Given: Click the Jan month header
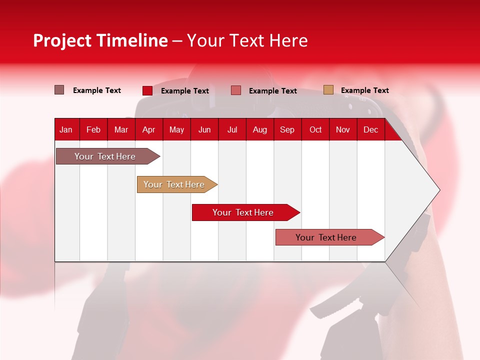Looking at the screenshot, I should tap(66, 129).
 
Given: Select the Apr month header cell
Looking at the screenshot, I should tap(148, 129).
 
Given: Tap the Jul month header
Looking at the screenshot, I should tap(232, 129).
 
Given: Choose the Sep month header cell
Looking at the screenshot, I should tap(287, 129).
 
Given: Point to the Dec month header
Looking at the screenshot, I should tap(370, 129).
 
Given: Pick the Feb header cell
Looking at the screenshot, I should tap(93, 129).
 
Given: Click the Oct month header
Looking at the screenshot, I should tap(315, 129).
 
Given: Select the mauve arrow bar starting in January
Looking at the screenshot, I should tap(105, 156).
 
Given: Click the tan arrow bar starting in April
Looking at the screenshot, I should tap(174, 184).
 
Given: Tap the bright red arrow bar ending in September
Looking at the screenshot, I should tap(243, 212).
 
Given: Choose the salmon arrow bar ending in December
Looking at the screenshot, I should tap(326, 237).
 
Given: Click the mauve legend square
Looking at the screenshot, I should tap(59, 90).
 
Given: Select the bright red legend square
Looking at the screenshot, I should tap(147, 90).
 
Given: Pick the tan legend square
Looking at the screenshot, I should tap(328, 90).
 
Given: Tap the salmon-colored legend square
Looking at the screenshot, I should tap(236, 90).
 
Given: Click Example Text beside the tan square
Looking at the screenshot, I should tap(364, 90).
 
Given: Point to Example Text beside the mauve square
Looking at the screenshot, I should tap(97, 90).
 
